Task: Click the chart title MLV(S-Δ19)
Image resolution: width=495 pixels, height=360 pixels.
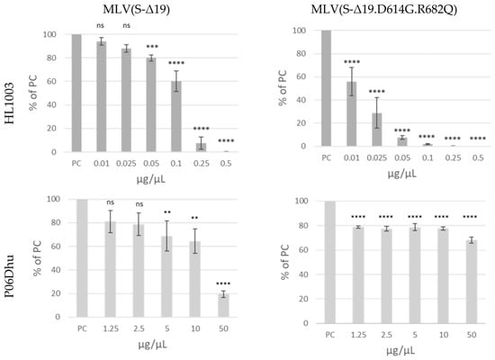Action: pyautogui.click(x=137, y=10)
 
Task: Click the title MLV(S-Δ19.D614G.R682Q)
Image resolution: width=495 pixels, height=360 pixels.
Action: pyautogui.click(x=384, y=10)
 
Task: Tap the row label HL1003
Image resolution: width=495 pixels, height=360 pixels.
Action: pyautogui.click(x=9, y=103)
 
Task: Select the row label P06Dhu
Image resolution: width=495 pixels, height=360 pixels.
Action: pyautogui.click(x=9, y=276)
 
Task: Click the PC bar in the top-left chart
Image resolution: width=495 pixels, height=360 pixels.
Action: pyautogui.click(x=76, y=94)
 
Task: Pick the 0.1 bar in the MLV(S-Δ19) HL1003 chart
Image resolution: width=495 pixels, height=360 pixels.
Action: pyautogui.click(x=176, y=116)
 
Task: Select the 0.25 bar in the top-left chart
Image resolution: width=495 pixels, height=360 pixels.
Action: pyautogui.click(x=201, y=148)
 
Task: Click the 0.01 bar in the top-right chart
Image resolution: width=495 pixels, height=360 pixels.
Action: pyautogui.click(x=351, y=114)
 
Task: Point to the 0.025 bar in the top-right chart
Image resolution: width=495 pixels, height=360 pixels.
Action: pyautogui.click(x=376, y=130)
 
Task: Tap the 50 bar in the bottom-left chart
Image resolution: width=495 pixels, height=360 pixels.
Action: pyautogui.click(x=223, y=305)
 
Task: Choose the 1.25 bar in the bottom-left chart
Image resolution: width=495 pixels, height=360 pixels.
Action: pyautogui.click(x=111, y=269)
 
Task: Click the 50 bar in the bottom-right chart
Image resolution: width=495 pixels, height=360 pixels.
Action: pyautogui.click(x=472, y=282)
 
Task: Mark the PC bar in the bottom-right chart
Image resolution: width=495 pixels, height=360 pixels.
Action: pyautogui.click(x=330, y=262)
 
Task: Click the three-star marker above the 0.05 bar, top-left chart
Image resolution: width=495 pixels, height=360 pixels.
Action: pyautogui.click(x=152, y=47)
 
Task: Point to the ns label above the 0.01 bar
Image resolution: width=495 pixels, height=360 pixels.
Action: pyautogui.click(x=101, y=25)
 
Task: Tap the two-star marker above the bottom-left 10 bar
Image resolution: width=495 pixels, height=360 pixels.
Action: pyautogui.click(x=194, y=218)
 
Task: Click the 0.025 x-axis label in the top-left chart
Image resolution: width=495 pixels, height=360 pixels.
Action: pyautogui.click(x=126, y=163)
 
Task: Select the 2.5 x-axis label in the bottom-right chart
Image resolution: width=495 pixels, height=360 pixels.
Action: pyautogui.click(x=386, y=335)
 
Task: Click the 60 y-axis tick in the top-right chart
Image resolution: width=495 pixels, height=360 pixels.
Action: pyautogui.click(x=300, y=76)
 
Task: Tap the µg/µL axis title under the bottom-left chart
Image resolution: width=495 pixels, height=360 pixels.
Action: pyautogui.click(x=152, y=345)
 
